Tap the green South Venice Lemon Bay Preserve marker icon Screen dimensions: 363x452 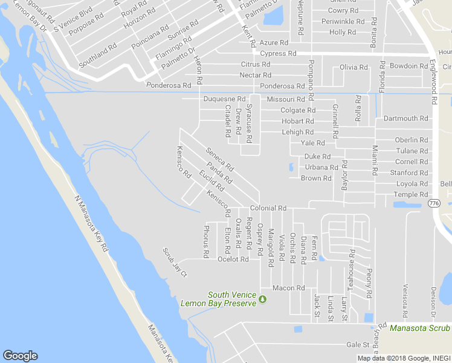click(262, 299)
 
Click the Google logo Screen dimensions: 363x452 click(20, 356)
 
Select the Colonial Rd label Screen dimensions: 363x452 click(268, 208)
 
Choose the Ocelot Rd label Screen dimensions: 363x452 click(233, 260)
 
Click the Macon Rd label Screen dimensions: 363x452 click(288, 288)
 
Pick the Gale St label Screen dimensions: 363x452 click(358, 344)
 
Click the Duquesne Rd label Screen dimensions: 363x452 click(224, 99)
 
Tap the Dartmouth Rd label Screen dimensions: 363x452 click(405, 119)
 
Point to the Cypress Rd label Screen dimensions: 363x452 click(278, 53)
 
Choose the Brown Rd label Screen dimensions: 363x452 click(316, 178)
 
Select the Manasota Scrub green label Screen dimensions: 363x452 click(419, 328)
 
